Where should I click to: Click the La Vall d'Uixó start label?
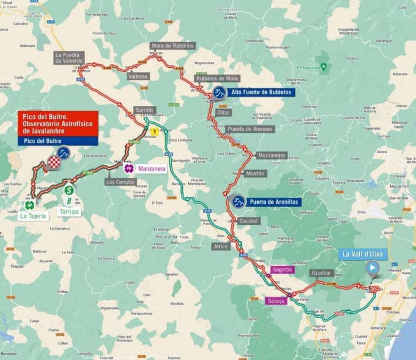tap(362, 254)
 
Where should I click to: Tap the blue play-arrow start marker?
tap(372, 268)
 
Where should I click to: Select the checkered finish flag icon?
tap(54, 162)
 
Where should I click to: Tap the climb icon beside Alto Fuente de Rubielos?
tap(219, 92)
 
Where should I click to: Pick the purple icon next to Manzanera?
tap(129, 168)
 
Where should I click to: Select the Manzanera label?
tap(152, 169)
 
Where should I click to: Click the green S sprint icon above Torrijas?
tap(69, 189)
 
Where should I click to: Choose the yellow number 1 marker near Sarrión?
tap(154, 132)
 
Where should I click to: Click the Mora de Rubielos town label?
tap(173, 46)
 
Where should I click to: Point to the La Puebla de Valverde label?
tap(70, 57)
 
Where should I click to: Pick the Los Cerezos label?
tap(120, 182)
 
